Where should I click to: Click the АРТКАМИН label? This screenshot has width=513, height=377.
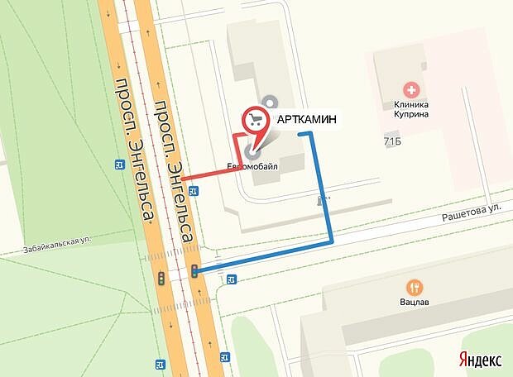(x=306, y=119)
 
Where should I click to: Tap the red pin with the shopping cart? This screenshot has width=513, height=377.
(x=256, y=122)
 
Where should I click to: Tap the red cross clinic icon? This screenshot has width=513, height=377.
(x=409, y=88)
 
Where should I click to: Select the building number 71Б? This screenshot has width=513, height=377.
(x=392, y=141)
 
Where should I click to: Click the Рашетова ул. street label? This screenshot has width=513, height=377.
(x=472, y=212)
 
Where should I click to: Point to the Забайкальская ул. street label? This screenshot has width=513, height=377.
(x=56, y=241)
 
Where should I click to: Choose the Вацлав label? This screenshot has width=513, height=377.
(x=415, y=303)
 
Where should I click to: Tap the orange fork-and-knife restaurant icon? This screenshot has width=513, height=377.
(x=415, y=287)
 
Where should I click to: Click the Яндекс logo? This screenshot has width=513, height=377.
(x=481, y=360)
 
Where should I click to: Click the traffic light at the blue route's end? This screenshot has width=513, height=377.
(x=194, y=270)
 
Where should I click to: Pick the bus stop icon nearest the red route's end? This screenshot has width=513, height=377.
(x=193, y=191)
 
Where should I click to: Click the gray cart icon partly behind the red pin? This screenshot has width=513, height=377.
(x=268, y=103)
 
